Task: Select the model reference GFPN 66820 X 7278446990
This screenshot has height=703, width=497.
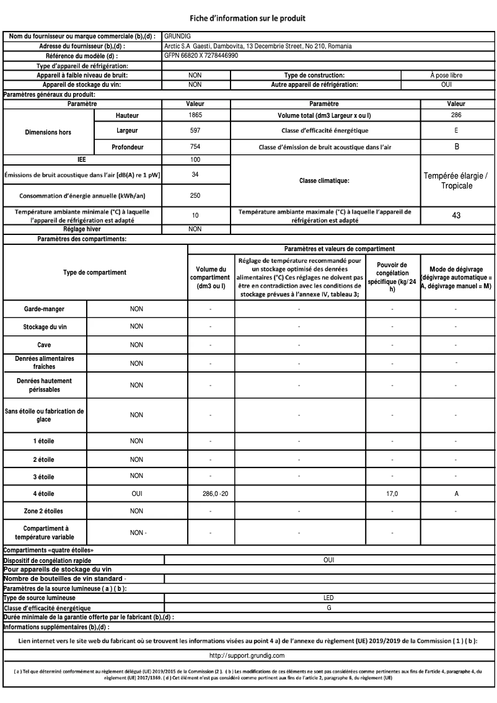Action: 201,55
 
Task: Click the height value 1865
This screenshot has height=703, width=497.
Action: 195,116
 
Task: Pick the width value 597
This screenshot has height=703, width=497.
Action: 195,131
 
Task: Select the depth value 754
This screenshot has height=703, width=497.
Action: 195,147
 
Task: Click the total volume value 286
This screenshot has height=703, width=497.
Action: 455,116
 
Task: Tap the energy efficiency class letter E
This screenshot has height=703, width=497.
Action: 455,131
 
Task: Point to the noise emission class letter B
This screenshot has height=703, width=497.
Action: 455,147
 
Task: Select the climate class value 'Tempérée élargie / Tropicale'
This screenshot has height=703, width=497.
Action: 455,181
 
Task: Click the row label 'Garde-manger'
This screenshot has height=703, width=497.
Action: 45,308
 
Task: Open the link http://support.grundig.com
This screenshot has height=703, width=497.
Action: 247,655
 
